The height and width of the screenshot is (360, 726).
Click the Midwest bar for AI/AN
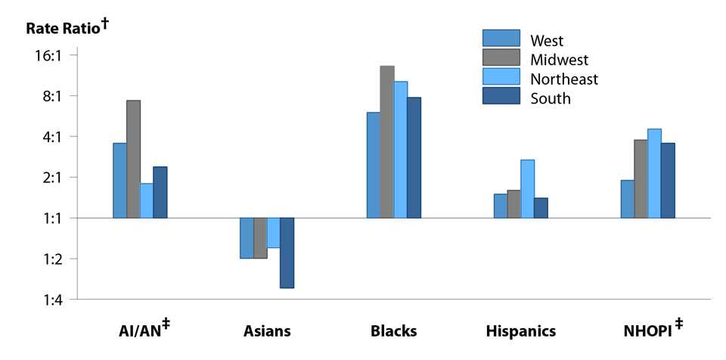coord(134,159)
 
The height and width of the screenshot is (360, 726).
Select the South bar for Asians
coord(287,253)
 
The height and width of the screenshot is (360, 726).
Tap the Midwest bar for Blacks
coord(387,142)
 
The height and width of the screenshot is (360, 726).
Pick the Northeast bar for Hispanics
coord(528,189)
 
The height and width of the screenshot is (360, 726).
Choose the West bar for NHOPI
coord(627,199)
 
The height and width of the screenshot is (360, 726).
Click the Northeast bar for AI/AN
coord(147,200)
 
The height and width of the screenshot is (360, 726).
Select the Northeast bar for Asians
coord(274,233)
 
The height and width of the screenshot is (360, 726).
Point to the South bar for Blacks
coord(414,157)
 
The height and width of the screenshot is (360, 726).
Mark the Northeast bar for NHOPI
coord(654,173)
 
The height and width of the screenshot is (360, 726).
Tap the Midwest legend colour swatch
coord(501,58)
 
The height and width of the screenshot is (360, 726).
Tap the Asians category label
coord(267,331)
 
